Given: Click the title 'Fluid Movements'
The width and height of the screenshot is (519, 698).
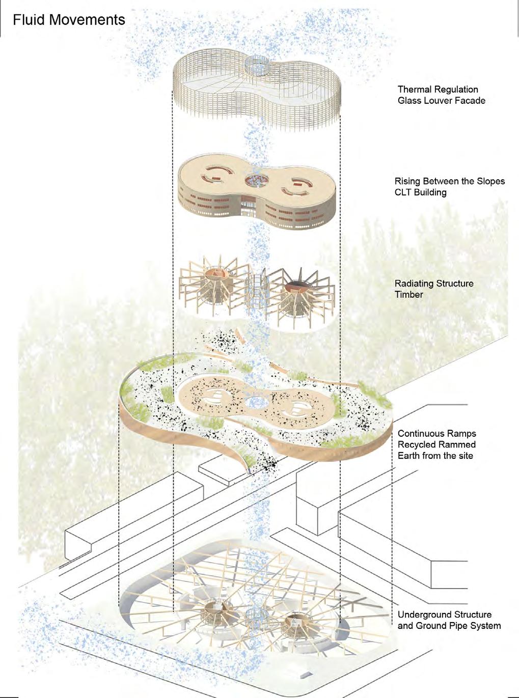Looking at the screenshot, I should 69,20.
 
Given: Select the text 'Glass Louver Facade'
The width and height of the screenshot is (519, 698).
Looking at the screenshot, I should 441,101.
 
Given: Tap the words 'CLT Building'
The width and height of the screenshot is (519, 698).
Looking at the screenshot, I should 420,192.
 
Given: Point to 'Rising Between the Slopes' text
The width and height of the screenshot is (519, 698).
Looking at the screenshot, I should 449,181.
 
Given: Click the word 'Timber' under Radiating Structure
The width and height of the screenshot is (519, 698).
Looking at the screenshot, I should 408,294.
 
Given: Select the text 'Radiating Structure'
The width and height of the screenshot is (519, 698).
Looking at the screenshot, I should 434,284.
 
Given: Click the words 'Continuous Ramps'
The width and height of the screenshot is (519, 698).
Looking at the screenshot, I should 436,434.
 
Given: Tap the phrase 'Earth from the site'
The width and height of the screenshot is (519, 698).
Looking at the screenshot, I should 435,456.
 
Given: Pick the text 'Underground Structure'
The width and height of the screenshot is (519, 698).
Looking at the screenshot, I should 444,615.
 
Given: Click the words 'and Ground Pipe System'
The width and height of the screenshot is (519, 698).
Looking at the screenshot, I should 449,626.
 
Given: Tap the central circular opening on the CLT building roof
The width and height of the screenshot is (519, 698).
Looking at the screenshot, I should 256,180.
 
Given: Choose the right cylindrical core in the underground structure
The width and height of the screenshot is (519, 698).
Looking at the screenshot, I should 295,622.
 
